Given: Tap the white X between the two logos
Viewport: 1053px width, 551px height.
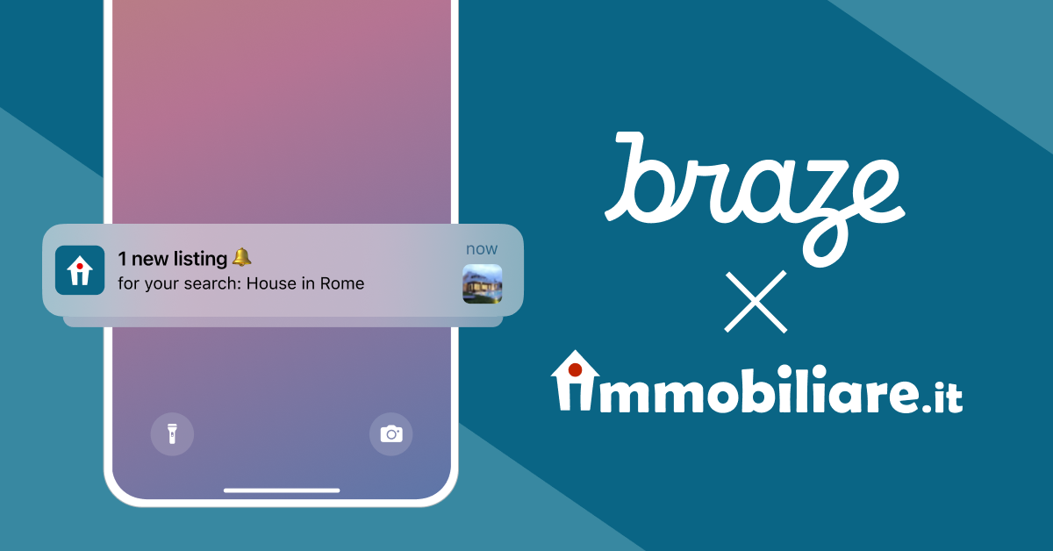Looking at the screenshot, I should tap(756, 302).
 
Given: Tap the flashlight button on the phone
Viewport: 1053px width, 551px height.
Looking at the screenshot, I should tap(172, 433).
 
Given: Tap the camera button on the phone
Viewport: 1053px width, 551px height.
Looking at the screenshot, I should tap(390, 433).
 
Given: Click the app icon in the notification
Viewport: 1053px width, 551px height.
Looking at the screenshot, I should tap(80, 270).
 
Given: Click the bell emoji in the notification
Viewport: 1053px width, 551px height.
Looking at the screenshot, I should tap(242, 257).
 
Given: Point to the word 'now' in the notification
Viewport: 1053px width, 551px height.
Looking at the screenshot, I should tap(482, 249).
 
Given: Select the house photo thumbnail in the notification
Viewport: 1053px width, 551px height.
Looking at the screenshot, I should tap(482, 283).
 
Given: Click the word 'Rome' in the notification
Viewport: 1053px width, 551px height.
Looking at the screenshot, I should tap(342, 284).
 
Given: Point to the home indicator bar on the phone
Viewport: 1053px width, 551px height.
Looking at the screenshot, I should tap(282, 490).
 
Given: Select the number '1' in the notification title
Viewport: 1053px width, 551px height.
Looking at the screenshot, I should tap(122, 258).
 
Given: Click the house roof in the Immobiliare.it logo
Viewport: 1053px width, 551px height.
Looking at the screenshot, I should tap(576, 363).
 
